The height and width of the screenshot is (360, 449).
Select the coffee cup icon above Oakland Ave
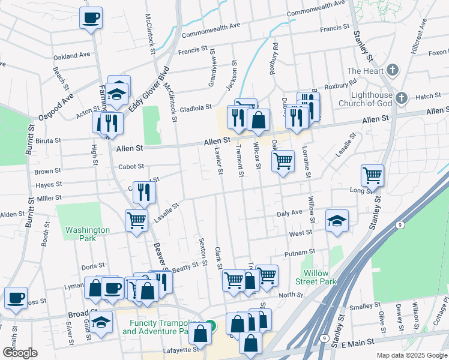[x=91, y=18]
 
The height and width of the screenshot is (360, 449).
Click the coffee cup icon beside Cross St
[x=16, y=298]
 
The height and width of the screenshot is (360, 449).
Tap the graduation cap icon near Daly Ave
[x=337, y=221]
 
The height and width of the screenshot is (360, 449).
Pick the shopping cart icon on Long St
[x=372, y=176]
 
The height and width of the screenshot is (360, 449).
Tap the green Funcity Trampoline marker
[x=209, y=326]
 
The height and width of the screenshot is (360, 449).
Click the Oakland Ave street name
[x=71, y=55]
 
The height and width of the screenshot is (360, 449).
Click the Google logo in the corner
[x=19, y=353]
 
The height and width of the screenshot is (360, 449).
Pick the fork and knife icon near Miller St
[x=143, y=192]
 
